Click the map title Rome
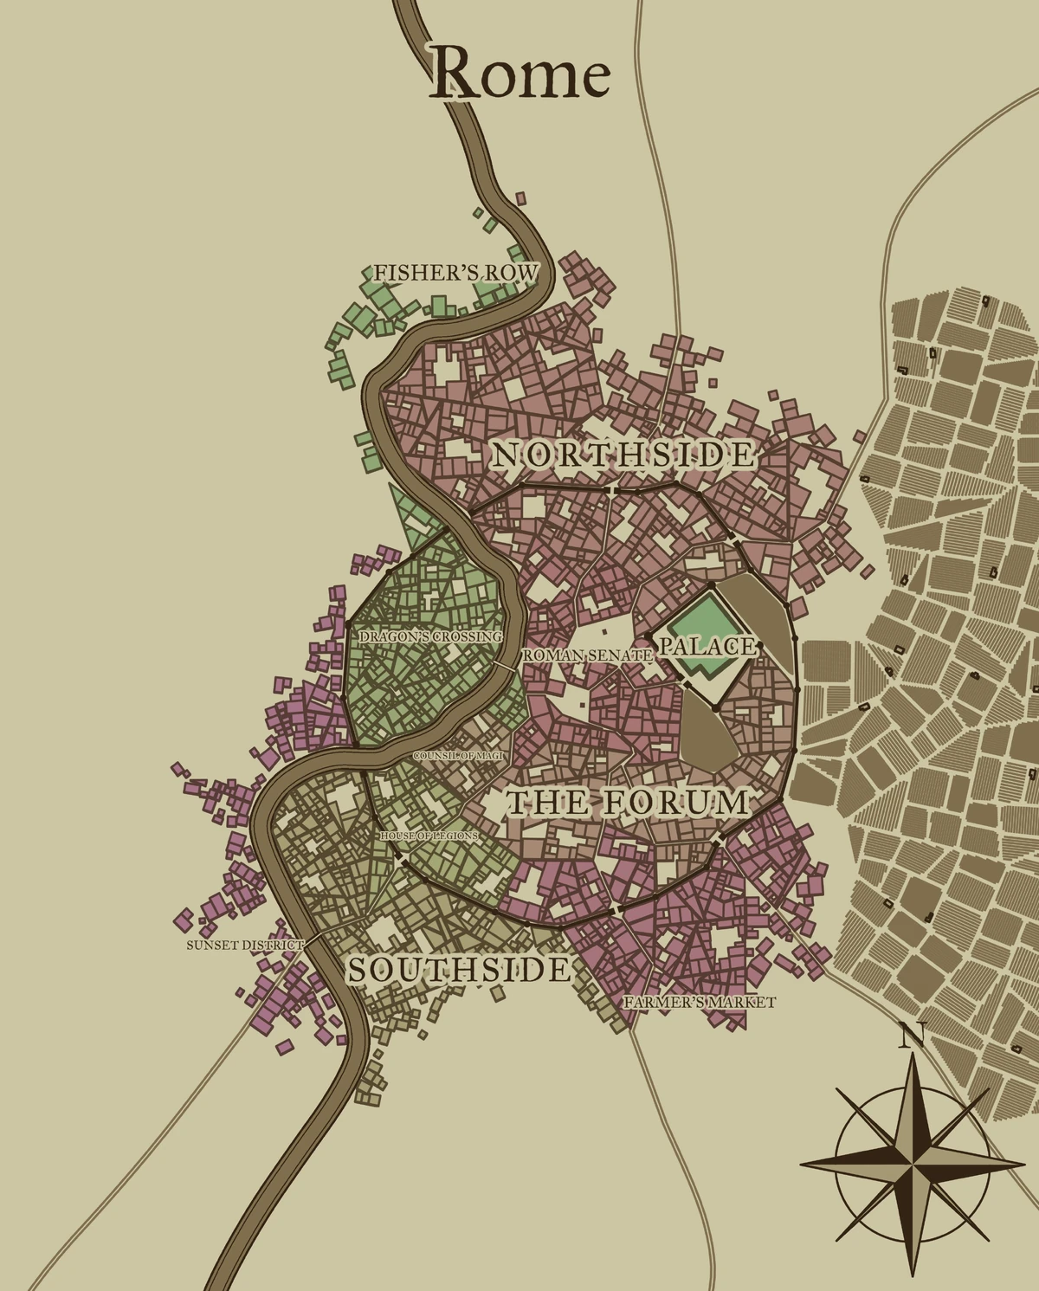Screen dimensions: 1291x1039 [x=521, y=74]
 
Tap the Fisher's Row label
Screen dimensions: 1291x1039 [x=455, y=273]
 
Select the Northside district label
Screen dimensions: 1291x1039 [x=623, y=455]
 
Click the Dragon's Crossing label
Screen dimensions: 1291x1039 [x=430, y=636]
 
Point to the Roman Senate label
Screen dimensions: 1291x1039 [x=587, y=655]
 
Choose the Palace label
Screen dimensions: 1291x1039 [x=708, y=646]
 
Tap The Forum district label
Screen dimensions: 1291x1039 [x=628, y=803]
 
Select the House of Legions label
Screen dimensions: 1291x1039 [x=429, y=836]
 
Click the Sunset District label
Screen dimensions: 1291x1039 [x=245, y=945]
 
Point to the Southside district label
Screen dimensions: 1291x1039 [x=459, y=971]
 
